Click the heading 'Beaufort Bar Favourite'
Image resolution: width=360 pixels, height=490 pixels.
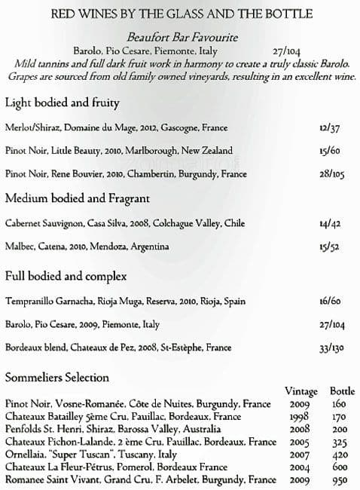179,36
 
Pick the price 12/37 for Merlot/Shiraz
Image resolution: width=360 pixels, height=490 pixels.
328,127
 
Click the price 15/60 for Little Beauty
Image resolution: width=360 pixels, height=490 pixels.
328,150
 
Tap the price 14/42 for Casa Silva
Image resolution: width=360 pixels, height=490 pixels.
329,224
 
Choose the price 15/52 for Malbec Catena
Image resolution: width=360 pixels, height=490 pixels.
329,247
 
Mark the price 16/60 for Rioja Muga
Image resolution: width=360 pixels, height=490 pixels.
329,301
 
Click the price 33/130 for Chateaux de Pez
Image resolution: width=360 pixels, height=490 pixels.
331,348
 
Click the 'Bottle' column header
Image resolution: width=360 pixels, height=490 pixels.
342,391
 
